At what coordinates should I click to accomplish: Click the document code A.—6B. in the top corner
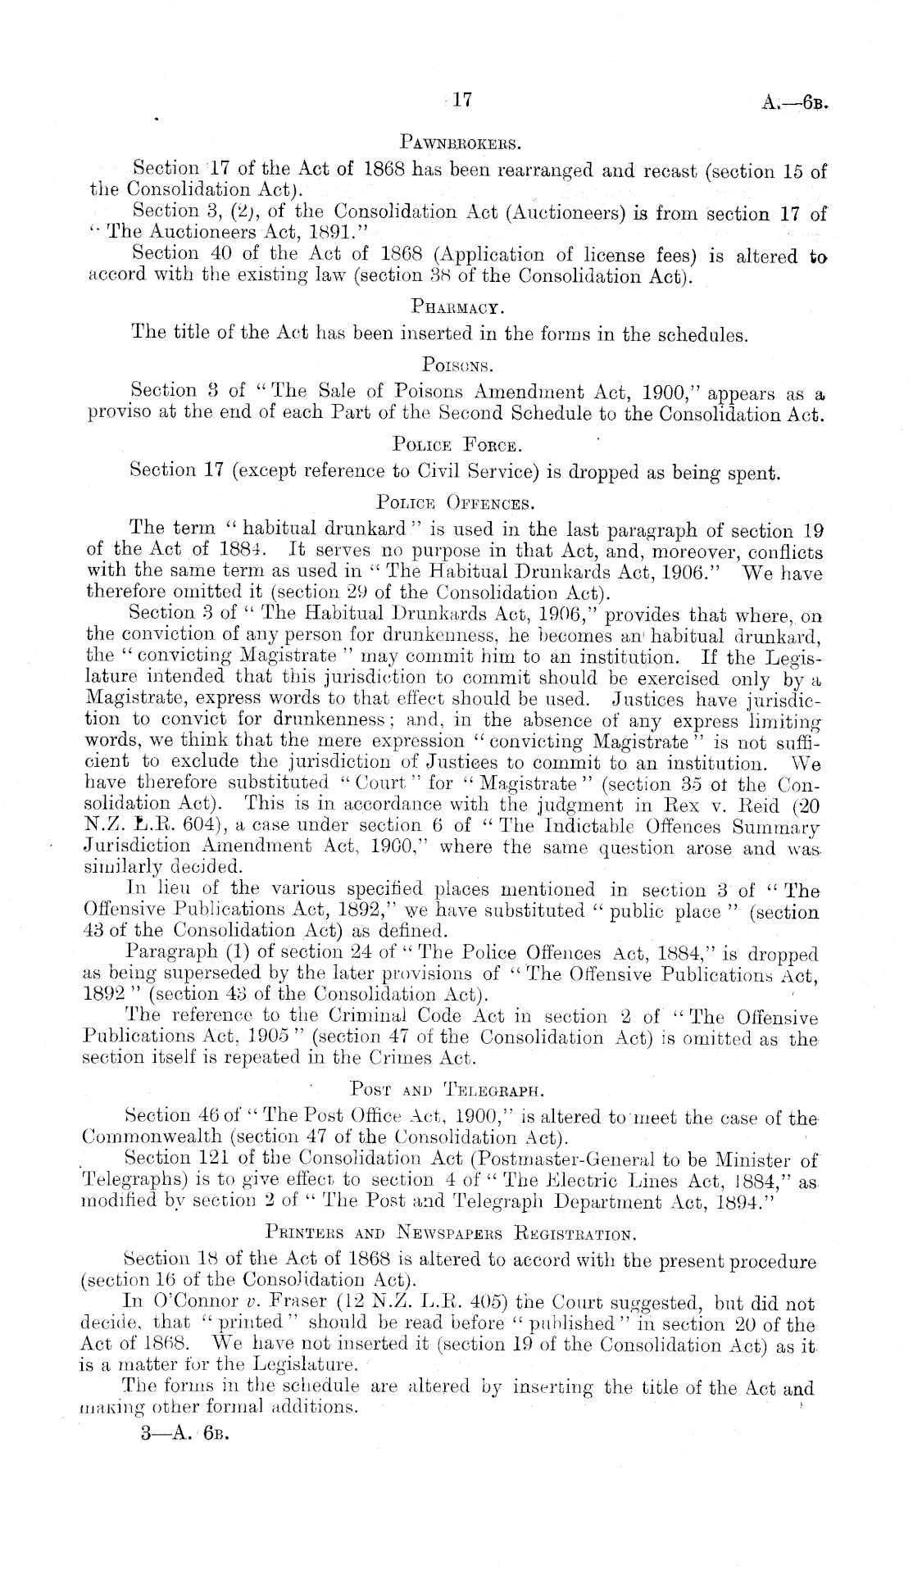[x=796, y=104]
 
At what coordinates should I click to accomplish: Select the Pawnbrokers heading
[x=457, y=146]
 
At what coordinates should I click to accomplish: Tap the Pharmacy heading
[x=456, y=308]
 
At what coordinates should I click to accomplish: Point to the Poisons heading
[x=456, y=363]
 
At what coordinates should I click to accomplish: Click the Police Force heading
[x=456, y=445]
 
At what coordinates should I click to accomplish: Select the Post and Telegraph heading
[x=447, y=1090]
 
